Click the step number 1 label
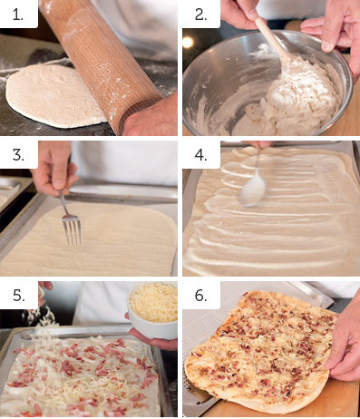point(18,15)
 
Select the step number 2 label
point(200,15)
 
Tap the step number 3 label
point(18,155)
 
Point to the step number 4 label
point(201,155)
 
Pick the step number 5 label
point(18,295)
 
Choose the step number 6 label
point(201,295)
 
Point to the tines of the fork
point(72,231)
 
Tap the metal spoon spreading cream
point(254,184)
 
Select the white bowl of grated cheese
point(152,310)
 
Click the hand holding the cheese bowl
point(151,337)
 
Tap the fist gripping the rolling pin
point(150,116)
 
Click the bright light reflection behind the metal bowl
point(188,43)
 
